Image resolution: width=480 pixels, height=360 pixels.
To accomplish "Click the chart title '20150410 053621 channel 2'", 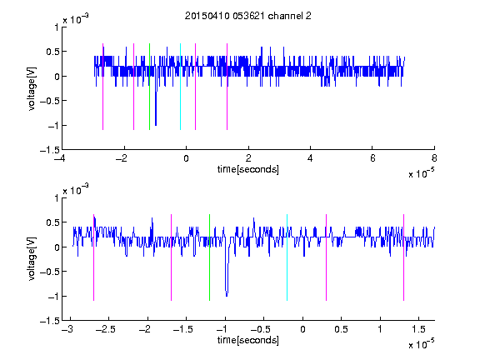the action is (x=248, y=16).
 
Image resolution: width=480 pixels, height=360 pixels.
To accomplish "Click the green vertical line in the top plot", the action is (x=149, y=87).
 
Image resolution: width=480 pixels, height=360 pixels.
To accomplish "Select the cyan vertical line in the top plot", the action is (x=180, y=87).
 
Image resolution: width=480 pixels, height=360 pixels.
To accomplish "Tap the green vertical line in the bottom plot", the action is (x=209, y=257).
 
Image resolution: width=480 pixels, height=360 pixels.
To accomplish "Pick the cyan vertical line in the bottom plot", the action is (x=287, y=257).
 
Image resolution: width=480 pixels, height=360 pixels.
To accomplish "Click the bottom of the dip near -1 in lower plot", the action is (x=227, y=296).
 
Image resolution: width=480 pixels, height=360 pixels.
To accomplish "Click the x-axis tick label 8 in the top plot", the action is (x=434, y=158).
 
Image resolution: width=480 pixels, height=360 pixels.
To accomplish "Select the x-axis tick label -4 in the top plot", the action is (x=59, y=158).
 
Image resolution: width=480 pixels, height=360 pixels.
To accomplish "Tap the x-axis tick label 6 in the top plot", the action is (x=372, y=158).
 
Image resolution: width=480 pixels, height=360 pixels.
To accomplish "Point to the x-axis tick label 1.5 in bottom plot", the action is (x=419, y=329).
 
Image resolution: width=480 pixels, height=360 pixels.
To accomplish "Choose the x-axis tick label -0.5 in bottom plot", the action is (x=261, y=329).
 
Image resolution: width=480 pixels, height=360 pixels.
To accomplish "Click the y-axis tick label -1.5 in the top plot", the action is (x=50, y=150).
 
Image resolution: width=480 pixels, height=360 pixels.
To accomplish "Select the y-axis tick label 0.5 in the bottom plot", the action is (x=52, y=222).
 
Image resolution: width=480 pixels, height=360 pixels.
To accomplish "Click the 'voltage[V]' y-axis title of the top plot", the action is (x=32, y=88).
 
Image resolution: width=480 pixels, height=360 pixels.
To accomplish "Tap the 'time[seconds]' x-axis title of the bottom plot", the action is (x=248, y=340).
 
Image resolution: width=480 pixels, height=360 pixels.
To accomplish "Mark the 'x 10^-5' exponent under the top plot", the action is (x=422, y=173).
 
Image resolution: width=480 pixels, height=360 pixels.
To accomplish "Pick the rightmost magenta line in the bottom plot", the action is (x=403, y=257).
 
